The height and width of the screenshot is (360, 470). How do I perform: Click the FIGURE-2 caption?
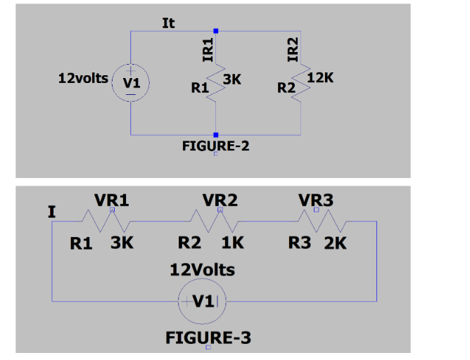[x=215, y=146]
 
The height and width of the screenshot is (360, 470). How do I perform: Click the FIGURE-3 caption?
[x=208, y=337]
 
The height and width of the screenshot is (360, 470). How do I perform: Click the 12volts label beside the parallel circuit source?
[x=83, y=79]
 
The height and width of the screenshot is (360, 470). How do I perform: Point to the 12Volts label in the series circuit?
[x=203, y=269]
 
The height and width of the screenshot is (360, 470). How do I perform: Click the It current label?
[x=168, y=22]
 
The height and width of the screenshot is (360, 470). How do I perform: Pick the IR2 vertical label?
[x=295, y=50]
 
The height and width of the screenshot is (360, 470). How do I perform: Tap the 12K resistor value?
[x=321, y=78]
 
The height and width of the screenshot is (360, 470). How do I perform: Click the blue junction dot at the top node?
[x=216, y=31]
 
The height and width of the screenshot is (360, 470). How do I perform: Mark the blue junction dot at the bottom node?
[x=216, y=134]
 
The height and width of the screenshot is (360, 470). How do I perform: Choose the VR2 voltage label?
[x=220, y=200]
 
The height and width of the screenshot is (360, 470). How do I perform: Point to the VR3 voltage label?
[x=316, y=200]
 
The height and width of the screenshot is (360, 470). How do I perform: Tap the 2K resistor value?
[x=335, y=243]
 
